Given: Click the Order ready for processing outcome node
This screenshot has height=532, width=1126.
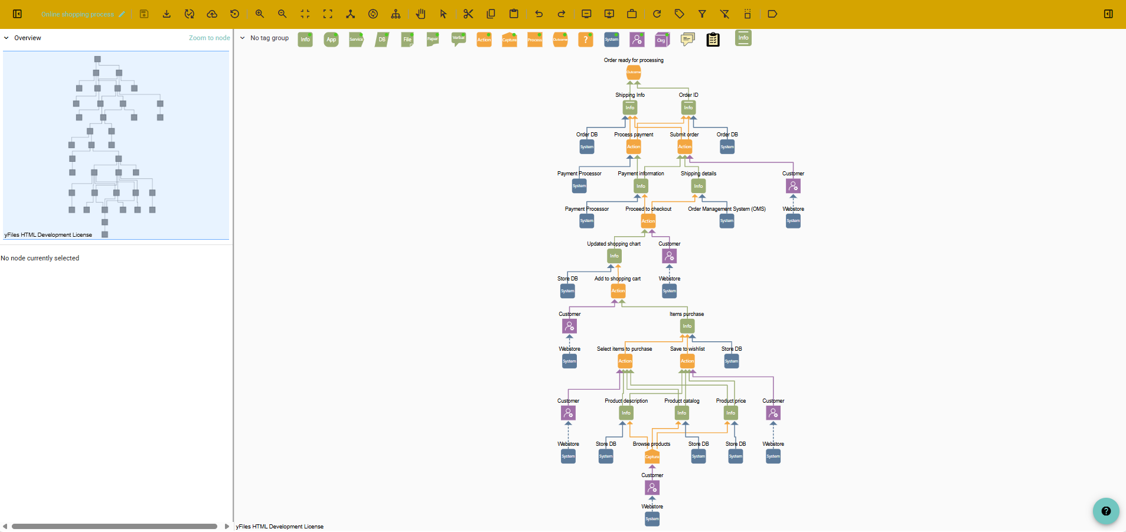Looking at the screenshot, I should (634, 72).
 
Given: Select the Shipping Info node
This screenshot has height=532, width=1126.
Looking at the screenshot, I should (630, 107).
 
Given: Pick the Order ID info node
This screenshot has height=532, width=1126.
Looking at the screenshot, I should (688, 107).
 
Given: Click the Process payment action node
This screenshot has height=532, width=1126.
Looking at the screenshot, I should (634, 146).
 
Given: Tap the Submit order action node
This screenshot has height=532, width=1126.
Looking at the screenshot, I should (685, 146).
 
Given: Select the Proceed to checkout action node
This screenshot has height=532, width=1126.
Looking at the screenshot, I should (648, 221).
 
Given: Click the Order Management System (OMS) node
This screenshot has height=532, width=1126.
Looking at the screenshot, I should (727, 221).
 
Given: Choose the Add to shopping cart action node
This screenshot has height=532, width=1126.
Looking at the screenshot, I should (618, 291).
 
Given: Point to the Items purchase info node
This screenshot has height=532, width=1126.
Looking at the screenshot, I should (687, 326).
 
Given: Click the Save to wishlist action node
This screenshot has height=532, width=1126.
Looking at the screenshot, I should (687, 361).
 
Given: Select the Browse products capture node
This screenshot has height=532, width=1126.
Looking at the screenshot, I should (652, 456).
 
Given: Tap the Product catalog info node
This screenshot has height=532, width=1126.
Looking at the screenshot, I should (682, 413).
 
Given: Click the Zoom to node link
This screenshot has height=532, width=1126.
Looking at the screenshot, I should (209, 38).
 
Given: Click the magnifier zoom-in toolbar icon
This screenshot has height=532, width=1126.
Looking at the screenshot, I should (260, 14).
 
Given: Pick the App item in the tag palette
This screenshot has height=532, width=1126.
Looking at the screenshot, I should (331, 40).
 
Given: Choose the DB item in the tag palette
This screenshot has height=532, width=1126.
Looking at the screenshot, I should (382, 40).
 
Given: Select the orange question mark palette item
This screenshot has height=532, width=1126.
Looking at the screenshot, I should (585, 40).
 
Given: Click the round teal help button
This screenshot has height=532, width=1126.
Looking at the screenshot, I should (1106, 511).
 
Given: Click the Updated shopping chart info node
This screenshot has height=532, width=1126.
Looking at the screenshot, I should (615, 256).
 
